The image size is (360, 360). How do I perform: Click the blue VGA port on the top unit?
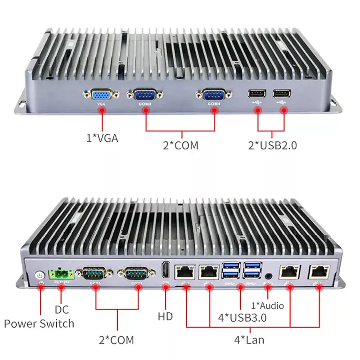coord(101,95)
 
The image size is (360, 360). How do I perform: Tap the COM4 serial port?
coord(214,95)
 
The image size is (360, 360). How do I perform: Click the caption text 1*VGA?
coord(102,138)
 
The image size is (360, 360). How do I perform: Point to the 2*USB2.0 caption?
coord(273,145)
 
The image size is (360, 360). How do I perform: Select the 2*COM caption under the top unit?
coord(180,145)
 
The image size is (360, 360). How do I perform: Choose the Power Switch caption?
coord(39,323)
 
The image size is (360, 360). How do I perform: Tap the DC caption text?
coord(62,310)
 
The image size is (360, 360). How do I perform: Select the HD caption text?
coord(165,316)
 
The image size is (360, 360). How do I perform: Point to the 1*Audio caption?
coord(267,306)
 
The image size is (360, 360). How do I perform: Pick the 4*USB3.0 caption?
coord(242,317)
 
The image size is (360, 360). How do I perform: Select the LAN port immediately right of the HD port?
coord(184,271)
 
